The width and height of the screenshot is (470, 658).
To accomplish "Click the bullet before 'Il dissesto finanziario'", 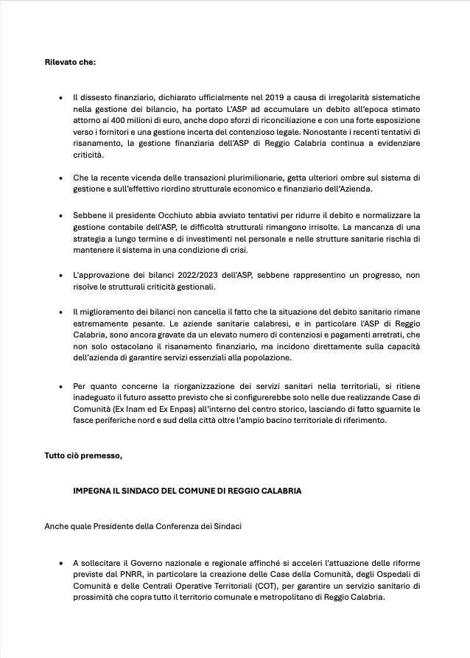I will coord(60,97).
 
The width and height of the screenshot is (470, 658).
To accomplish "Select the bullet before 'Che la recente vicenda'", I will coord(60,178).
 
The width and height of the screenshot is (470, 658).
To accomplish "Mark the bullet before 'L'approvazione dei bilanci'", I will coord(60,275).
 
